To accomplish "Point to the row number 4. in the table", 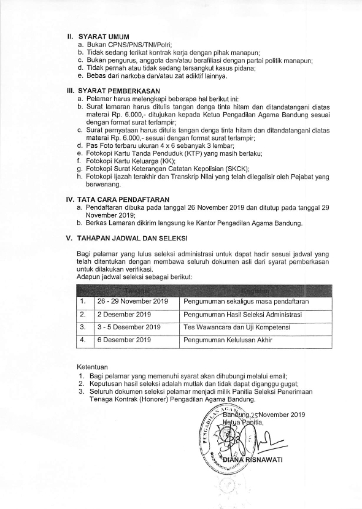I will click(x=82, y=339).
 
